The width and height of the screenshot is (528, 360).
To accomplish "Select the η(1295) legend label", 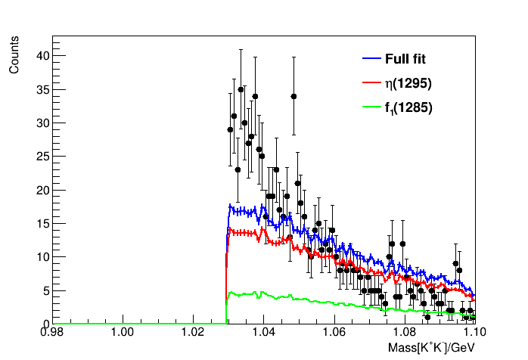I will pos(409,83).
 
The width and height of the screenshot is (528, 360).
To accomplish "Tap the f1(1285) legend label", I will pos(409,108).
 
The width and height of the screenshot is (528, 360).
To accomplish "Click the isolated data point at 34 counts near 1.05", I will pos(294,96).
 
